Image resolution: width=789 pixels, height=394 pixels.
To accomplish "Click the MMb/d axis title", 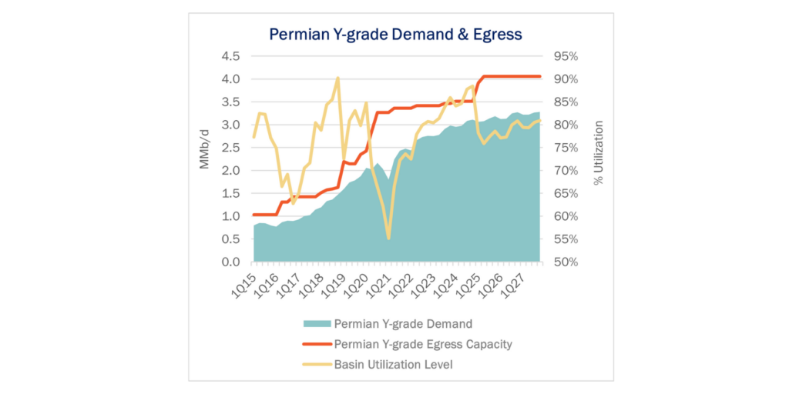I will (x=206, y=159).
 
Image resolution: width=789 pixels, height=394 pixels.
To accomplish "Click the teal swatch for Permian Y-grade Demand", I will (x=317, y=324).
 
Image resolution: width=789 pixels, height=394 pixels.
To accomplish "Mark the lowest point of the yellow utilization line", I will (x=388, y=239).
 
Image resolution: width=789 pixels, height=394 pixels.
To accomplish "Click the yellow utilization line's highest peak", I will (x=337, y=78).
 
